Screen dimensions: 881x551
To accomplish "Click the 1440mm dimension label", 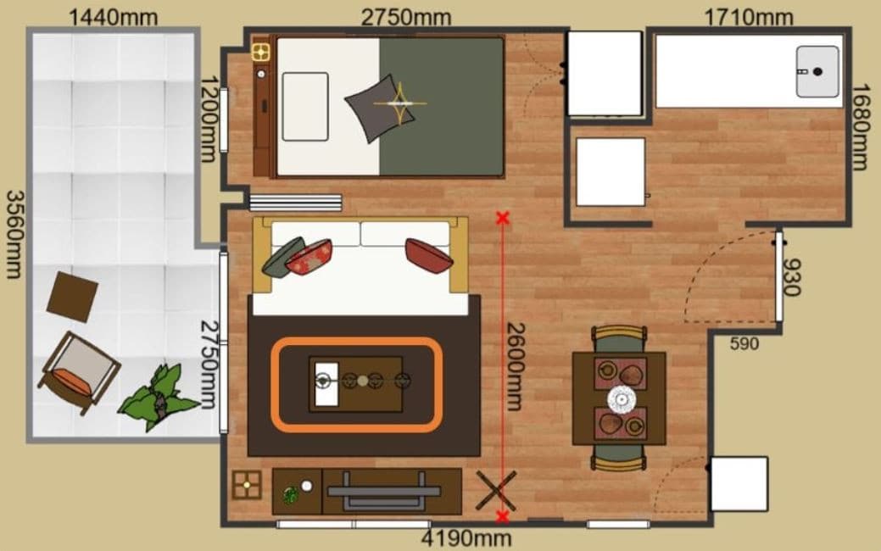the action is [113, 17].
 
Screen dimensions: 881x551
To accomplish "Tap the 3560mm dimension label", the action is [15, 234].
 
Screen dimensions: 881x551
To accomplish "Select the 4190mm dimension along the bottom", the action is [466, 538].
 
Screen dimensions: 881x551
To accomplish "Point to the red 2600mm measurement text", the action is [516, 366].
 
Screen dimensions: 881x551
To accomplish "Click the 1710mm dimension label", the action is [749, 17].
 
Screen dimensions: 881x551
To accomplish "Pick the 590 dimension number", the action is [744, 343].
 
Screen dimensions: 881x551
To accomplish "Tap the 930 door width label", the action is [791, 277].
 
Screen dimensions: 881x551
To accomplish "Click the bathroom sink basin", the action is [817, 72].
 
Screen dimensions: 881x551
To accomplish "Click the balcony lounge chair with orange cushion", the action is [79, 372].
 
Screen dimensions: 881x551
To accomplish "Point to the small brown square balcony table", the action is [72, 298].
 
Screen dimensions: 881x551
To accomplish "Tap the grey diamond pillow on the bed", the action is [379, 108].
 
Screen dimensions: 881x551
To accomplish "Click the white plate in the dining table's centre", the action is [622, 399].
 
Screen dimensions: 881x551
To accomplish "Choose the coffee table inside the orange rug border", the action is [355, 384].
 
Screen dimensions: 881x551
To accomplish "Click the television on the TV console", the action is [384, 492].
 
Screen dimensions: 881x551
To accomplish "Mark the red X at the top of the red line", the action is [502, 218].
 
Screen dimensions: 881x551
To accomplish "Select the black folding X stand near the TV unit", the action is [496, 491].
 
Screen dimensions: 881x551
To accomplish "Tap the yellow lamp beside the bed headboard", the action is [260, 53].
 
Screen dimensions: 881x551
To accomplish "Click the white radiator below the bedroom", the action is [295, 203].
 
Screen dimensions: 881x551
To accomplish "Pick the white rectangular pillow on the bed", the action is [305, 107].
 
